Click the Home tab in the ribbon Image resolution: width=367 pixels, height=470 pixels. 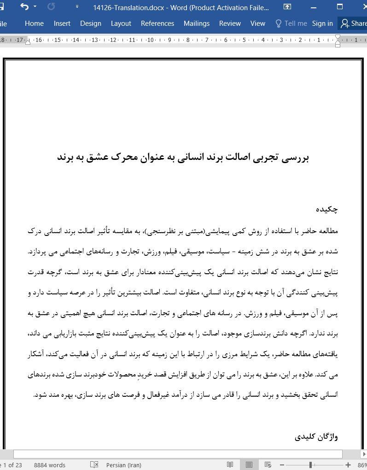click(x=34, y=23)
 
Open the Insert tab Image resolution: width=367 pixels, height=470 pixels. click(x=62, y=23)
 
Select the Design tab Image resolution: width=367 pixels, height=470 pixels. click(x=90, y=23)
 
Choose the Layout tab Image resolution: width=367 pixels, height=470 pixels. click(x=121, y=23)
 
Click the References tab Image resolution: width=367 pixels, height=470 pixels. click(x=157, y=23)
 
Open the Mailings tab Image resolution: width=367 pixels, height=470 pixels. click(x=196, y=23)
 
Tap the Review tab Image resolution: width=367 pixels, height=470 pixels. click(x=230, y=23)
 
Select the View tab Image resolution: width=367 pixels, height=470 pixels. click(x=257, y=23)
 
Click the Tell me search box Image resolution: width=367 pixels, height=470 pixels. click(x=291, y=23)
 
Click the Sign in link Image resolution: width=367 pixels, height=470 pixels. click(x=322, y=23)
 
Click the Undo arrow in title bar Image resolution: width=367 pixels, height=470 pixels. click(x=24, y=7)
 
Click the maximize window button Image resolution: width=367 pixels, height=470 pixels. click(x=340, y=7)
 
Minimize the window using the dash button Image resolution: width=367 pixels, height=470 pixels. click(x=314, y=7)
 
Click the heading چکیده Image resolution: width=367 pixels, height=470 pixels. click(x=326, y=209)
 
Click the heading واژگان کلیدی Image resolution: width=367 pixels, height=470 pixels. click(x=316, y=436)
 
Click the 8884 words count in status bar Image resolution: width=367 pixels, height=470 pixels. click(x=50, y=465)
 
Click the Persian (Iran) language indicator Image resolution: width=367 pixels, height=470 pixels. click(x=123, y=465)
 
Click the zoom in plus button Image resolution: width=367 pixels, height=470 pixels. click(x=348, y=465)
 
